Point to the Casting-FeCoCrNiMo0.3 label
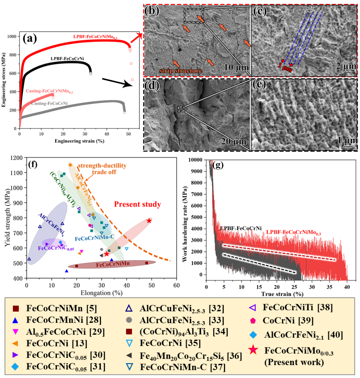[50, 92]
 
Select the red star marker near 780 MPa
[149, 221]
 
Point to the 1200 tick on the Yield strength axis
[17, 158]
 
